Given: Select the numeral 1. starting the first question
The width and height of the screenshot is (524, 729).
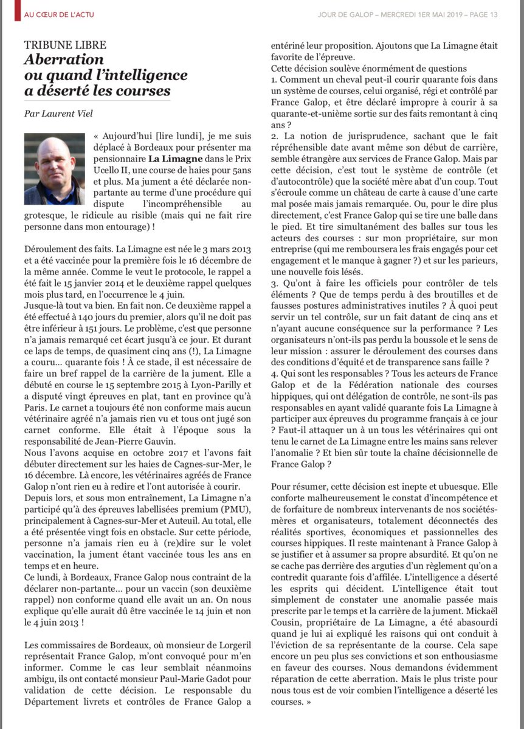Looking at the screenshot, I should [x=274, y=79].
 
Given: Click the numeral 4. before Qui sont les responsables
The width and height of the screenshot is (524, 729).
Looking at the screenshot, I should [x=274, y=375].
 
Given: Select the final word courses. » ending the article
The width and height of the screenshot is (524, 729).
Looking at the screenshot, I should [x=291, y=701].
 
